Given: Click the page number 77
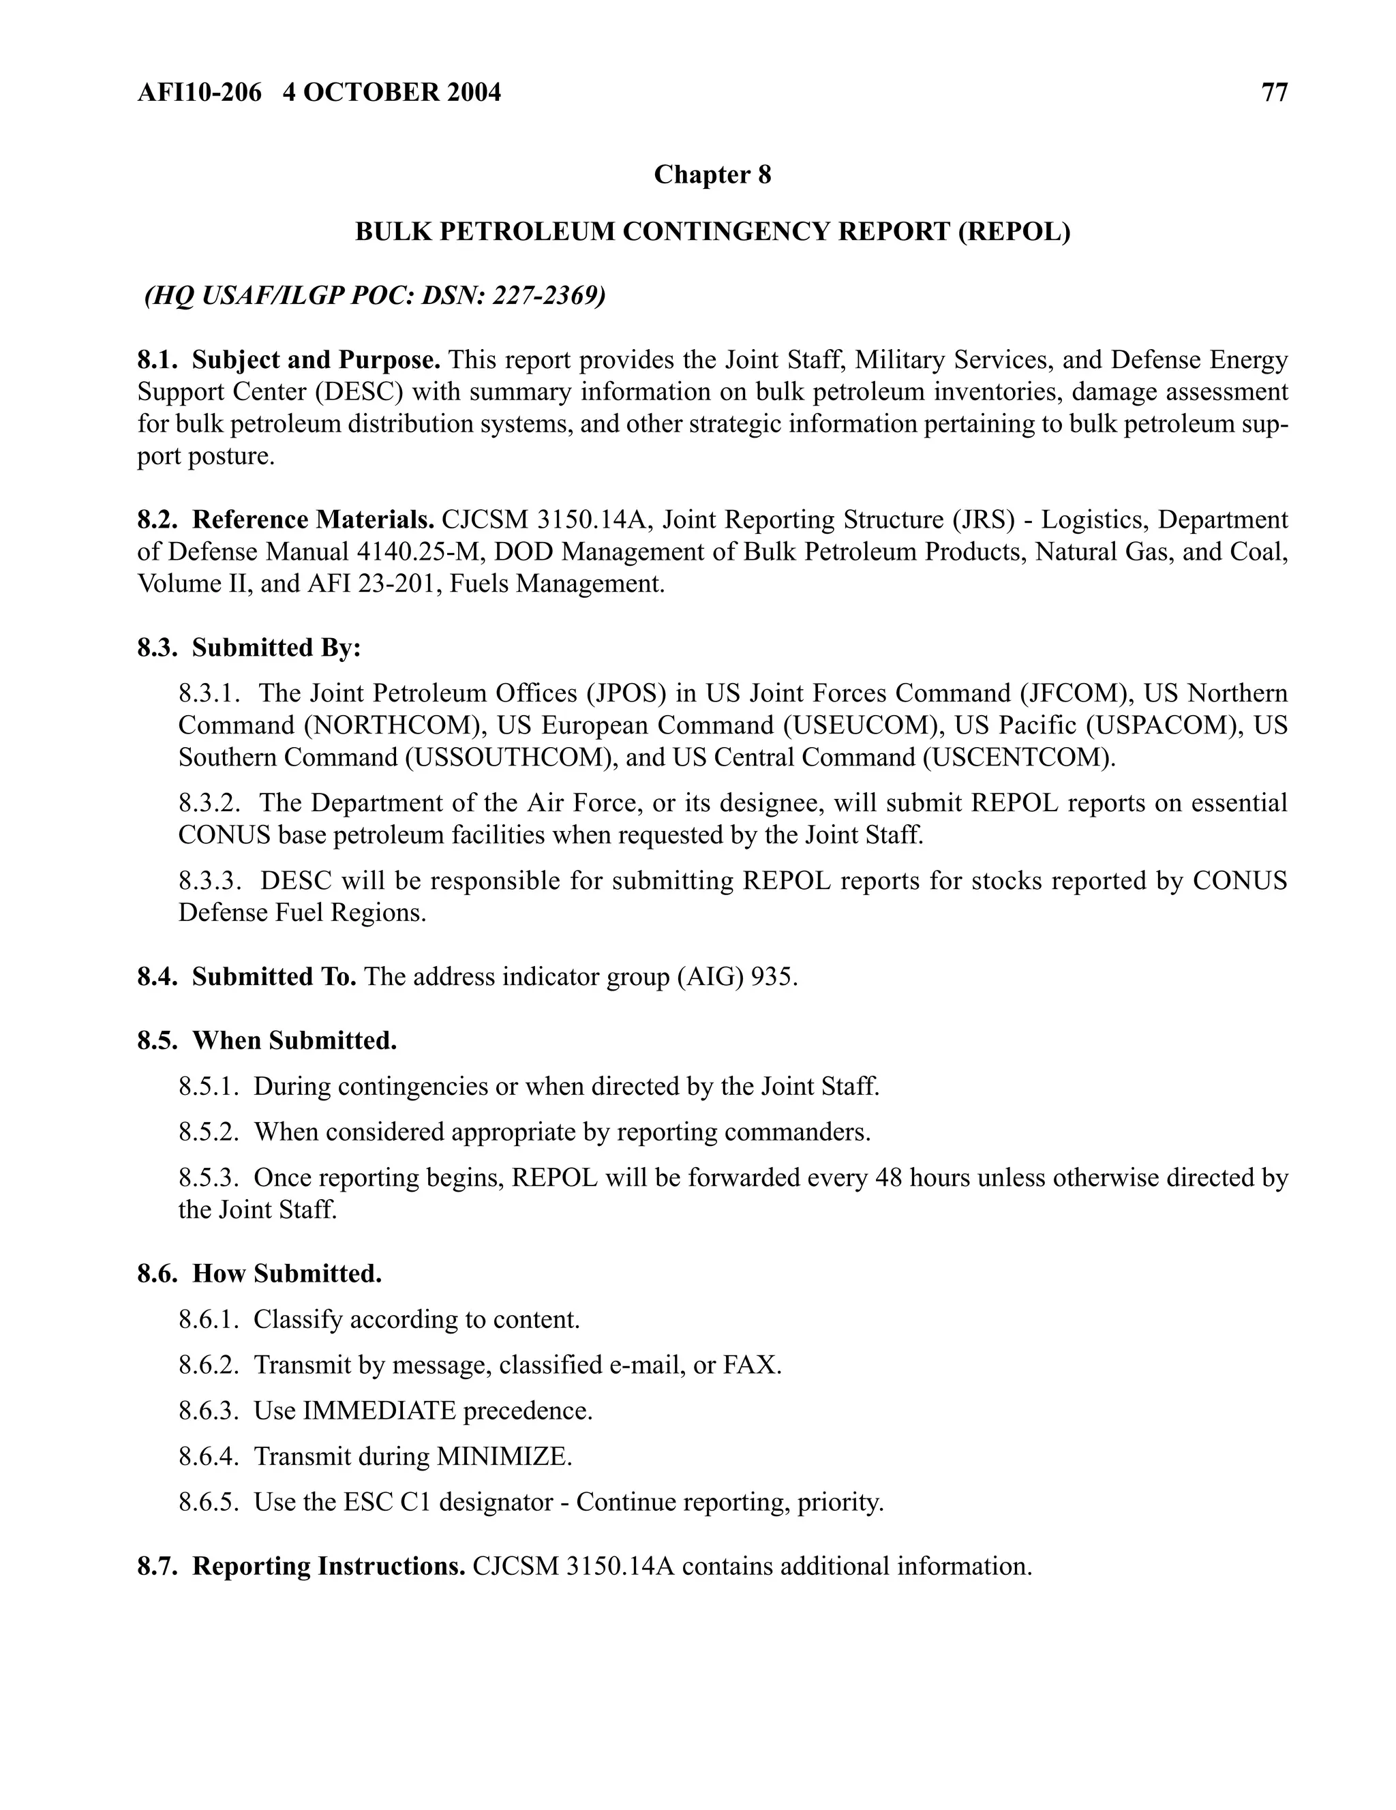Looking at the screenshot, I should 1274,92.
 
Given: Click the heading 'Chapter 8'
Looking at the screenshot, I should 712,175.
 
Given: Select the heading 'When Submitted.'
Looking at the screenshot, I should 294,1041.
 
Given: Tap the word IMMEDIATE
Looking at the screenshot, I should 380,1411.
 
